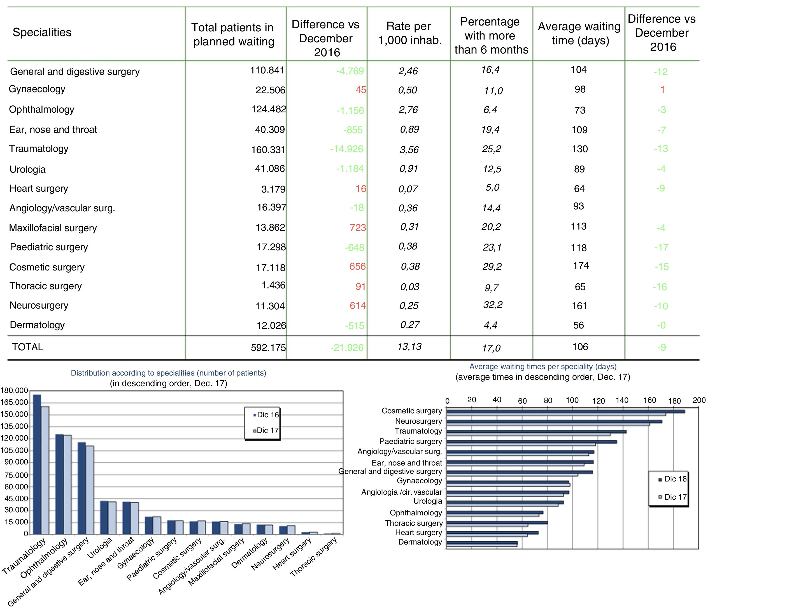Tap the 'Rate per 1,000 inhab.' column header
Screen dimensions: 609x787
coord(409,33)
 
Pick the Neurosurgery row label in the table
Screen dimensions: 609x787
coord(39,305)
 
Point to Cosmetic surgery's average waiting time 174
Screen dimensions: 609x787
coord(581,266)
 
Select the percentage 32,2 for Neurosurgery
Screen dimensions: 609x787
coord(493,305)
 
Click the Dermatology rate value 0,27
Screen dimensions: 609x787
coord(410,325)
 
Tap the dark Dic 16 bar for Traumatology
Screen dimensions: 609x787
coord(37,464)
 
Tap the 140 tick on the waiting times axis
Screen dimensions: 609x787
coord(622,400)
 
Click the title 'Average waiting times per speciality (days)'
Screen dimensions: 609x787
coord(543,367)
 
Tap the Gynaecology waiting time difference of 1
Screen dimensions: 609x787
coord(662,90)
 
